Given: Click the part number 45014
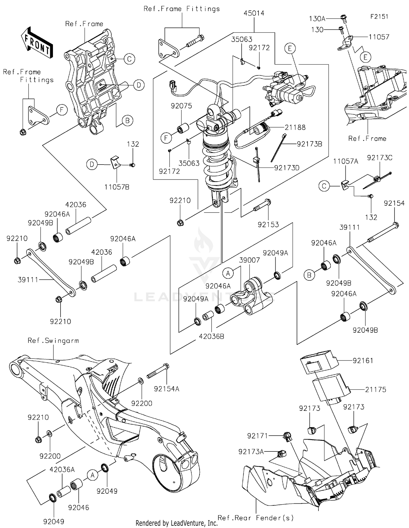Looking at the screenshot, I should click(254, 13).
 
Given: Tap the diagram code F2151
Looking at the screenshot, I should click(379, 17).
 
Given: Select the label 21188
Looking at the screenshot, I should click(295, 127).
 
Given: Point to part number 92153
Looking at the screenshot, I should click(268, 224).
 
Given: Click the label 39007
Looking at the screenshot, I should click(249, 260).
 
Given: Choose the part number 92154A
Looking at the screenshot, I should click(167, 389).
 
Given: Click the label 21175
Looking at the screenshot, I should click(375, 390).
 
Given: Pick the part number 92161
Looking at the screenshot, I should click(363, 360).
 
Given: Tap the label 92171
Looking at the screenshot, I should click(257, 436).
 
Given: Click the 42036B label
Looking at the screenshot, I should click(211, 336).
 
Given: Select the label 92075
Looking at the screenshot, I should click(181, 106).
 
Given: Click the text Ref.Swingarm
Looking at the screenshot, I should click(53, 341).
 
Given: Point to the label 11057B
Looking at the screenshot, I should click(117, 187).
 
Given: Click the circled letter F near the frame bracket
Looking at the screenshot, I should click(62, 110).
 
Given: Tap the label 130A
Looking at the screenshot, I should click(317, 19).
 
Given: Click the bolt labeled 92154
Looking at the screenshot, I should click(382, 232).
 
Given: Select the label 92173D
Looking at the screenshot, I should click(287, 168).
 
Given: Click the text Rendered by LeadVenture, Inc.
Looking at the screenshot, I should click(176, 523).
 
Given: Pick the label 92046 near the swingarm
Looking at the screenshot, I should click(79, 507).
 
